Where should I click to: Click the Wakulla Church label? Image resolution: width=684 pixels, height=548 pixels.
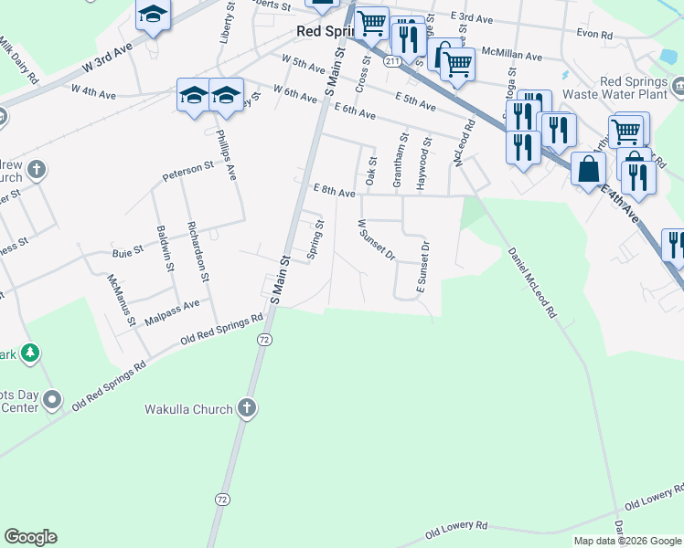(x=188, y=410)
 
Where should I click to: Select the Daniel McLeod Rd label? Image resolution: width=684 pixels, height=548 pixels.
(x=532, y=282)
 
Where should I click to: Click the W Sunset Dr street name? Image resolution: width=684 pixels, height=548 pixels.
(x=376, y=238)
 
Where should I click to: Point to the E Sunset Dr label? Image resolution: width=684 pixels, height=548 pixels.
(x=423, y=268)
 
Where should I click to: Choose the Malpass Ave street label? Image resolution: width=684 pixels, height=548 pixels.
(x=178, y=304)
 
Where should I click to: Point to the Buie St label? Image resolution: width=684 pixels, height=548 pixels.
(x=127, y=248)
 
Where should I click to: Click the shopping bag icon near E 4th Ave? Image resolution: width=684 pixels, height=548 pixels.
(x=589, y=169)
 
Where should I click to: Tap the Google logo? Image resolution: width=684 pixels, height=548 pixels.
(x=30, y=537)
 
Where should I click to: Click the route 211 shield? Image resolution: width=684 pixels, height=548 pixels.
(x=391, y=61)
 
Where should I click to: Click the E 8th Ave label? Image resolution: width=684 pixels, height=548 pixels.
(x=334, y=192)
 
